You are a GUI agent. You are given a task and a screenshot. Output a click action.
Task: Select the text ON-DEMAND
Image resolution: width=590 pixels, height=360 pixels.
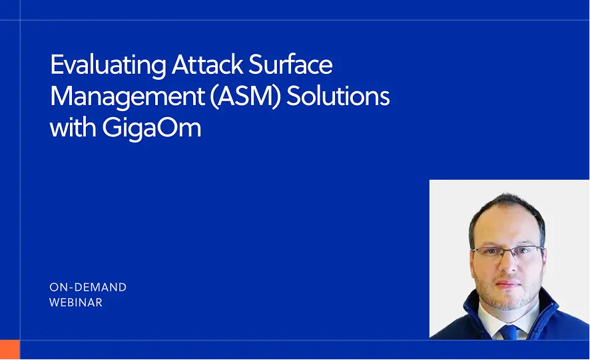(x=88, y=287)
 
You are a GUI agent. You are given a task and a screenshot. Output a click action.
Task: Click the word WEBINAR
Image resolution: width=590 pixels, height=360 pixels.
(x=76, y=303)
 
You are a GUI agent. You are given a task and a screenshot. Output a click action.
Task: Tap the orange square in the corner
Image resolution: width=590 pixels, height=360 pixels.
(x=10, y=350)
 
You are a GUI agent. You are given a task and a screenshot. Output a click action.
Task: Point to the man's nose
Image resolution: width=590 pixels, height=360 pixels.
(x=509, y=266)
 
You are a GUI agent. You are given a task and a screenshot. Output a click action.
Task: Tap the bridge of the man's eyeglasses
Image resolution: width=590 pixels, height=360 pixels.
(x=509, y=252)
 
